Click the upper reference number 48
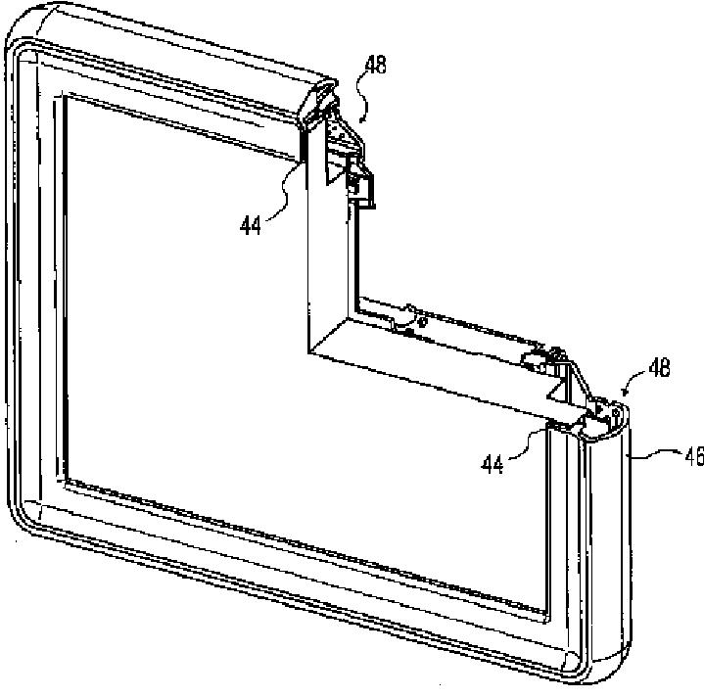click(x=375, y=67)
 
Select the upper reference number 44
click(x=252, y=224)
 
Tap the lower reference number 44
click(x=493, y=464)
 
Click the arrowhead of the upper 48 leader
click(x=362, y=118)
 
